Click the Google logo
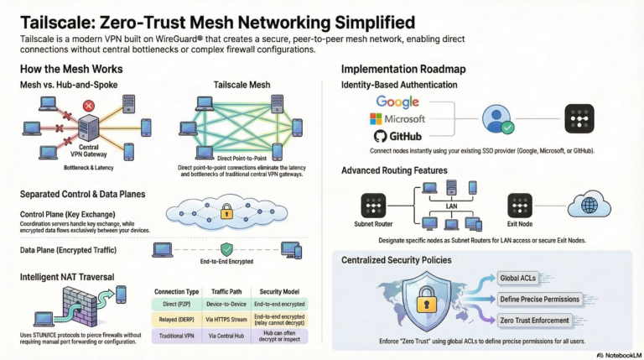click(397, 102)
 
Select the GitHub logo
click(397, 136)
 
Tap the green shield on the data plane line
click(225, 249)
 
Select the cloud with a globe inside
click(589, 204)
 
